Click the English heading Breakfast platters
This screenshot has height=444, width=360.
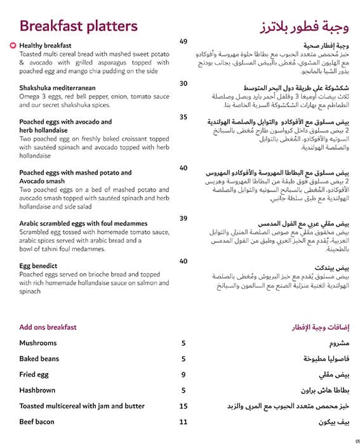click(x=79, y=26)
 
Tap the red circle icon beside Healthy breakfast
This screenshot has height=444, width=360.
click(x=14, y=46)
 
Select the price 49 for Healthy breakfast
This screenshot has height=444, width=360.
click(x=183, y=42)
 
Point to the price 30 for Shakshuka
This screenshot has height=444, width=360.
click(x=183, y=84)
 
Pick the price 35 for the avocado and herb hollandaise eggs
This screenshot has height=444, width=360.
click(x=183, y=117)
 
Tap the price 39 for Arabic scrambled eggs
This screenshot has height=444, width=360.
click(x=183, y=219)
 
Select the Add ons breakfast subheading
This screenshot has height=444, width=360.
click(x=48, y=327)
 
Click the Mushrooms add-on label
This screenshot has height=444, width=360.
click(x=38, y=343)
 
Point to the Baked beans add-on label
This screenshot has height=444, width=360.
click(x=39, y=359)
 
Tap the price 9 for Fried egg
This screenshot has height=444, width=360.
click(x=183, y=375)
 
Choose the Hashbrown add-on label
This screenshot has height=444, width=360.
click(x=37, y=391)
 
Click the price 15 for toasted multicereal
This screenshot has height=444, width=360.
click(x=183, y=407)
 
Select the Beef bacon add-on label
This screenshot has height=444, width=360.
click(x=37, y=422)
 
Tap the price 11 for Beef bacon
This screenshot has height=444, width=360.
click(x=183, y=422)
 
